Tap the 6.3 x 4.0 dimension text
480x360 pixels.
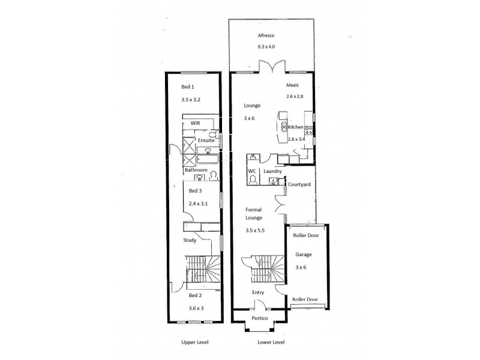[266, 46]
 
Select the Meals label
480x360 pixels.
[292, 85]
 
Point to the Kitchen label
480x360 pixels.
[296, 128]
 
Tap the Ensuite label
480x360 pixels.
[206, 140]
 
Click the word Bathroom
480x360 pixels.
[196, 170]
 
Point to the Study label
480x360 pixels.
[190, 241]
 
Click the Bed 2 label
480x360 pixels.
[196, 296]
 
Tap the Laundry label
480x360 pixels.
[272, 172]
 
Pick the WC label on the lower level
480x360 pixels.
[252, 172]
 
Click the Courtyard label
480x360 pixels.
[299, 185]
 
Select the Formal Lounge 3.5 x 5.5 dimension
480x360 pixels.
[256, 230]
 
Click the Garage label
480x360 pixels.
[304, 254]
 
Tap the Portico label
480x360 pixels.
[260, 318]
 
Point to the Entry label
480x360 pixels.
[258, 292]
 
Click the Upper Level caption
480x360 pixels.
[194, 343]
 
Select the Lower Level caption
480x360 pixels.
[270, 343]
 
